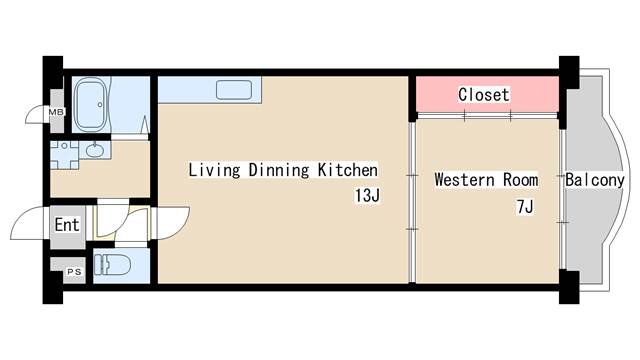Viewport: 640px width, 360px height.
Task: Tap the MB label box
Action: tap(57, 112)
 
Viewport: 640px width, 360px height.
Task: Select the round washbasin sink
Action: tap(95, 151)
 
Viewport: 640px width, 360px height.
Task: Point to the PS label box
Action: tap(73, 271)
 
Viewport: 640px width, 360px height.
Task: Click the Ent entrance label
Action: tap(67, 224)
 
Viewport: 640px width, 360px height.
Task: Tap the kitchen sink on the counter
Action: tap(233, 89)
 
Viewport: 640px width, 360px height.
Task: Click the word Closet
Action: tap(484, 95)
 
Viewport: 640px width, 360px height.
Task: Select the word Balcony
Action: tap(595, 180)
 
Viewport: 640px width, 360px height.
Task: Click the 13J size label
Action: tap(367, 195)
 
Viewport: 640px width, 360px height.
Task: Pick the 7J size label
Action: tap(524, 207)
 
